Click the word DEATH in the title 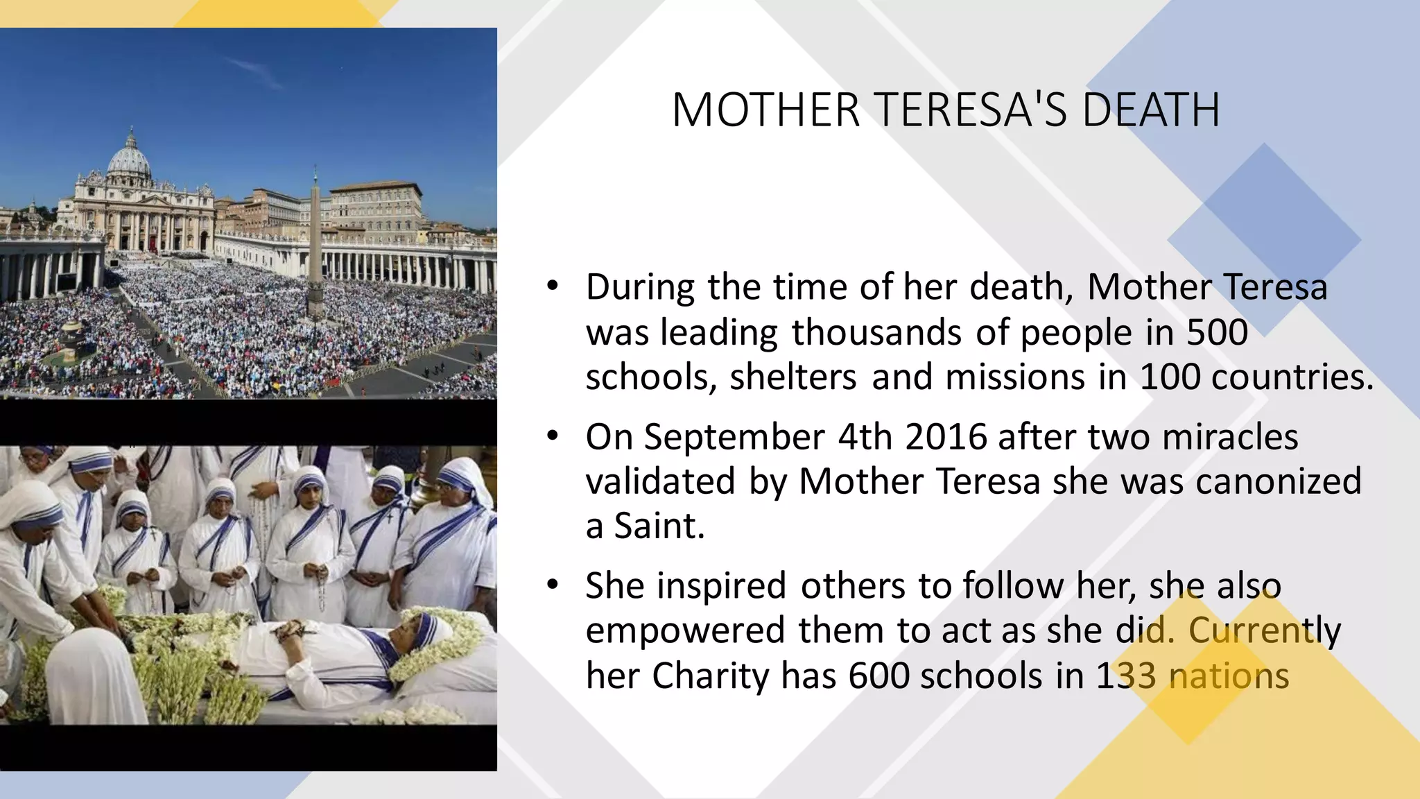point(1150,110)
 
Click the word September point(734,437)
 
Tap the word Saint point(659,526)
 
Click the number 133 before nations point(1126,676)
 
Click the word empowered point(686,630)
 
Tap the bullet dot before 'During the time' point(552,287)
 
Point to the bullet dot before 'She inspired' point(552,586)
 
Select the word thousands point(876,332)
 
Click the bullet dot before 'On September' point(552,437)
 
